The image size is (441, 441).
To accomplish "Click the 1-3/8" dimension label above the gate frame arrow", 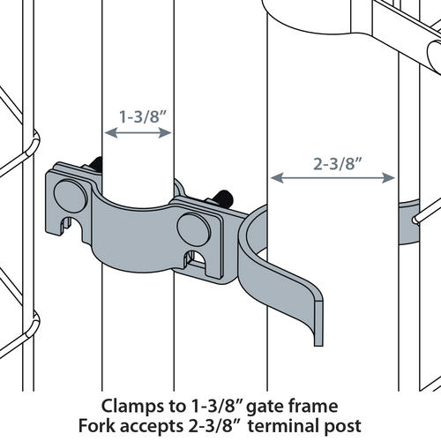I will (x=138, y=115).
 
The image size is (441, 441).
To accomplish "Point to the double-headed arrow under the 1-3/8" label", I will (x=138, y=133).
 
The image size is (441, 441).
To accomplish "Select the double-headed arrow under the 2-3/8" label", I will (x=332, y=177).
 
